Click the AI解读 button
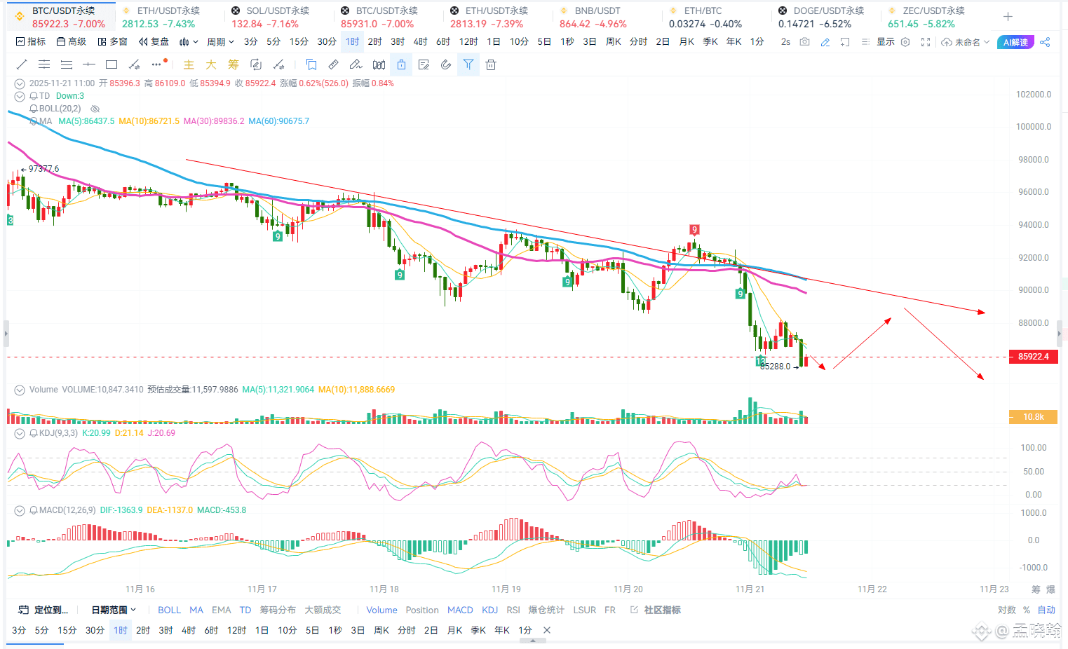(x=1015, y=42)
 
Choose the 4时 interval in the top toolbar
(x=420, y=42)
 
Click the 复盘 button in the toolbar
(x=154, y=42)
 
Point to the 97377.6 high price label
(x=43, y=169)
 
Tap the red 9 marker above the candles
(x=694, y=230)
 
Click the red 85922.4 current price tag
(x=1033, y=357)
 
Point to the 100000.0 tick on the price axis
(x=1034, y=127)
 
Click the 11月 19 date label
(x=506, y=589)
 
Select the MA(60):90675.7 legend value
(x=278, y=121)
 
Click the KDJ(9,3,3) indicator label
(x=58, y=433)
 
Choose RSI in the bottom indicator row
(x=513, y=610)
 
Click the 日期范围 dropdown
(x=114, y=610)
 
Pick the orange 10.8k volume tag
(x=1033, y=417)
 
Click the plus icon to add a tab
(x=1008, y=17)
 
